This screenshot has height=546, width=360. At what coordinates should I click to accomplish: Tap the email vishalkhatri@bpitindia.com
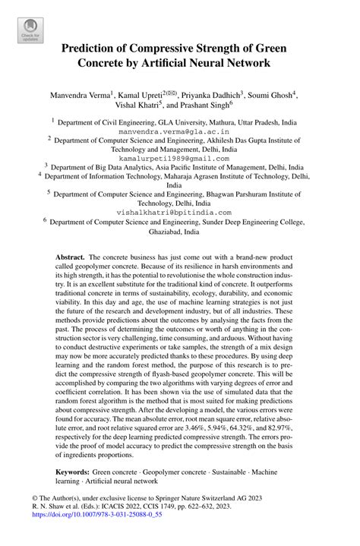pos(179,213)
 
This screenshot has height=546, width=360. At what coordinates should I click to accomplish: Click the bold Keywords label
pos(76,472)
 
